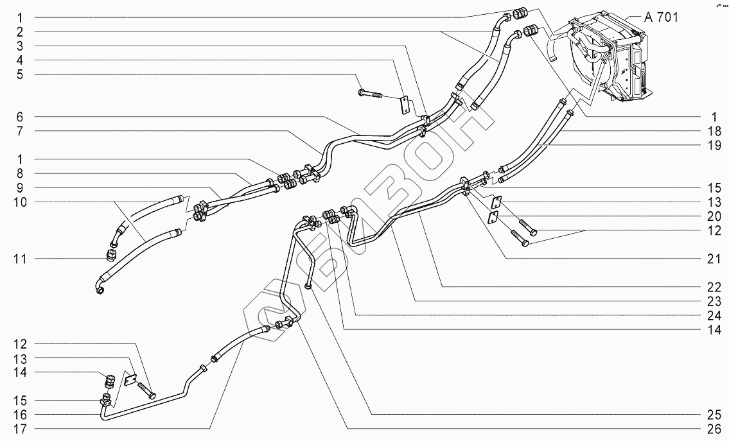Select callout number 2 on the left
20,31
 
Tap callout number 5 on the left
20,74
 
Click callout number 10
20,202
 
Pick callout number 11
20,259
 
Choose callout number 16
20,414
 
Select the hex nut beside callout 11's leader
110,255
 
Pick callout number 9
20,187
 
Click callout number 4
20,60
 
